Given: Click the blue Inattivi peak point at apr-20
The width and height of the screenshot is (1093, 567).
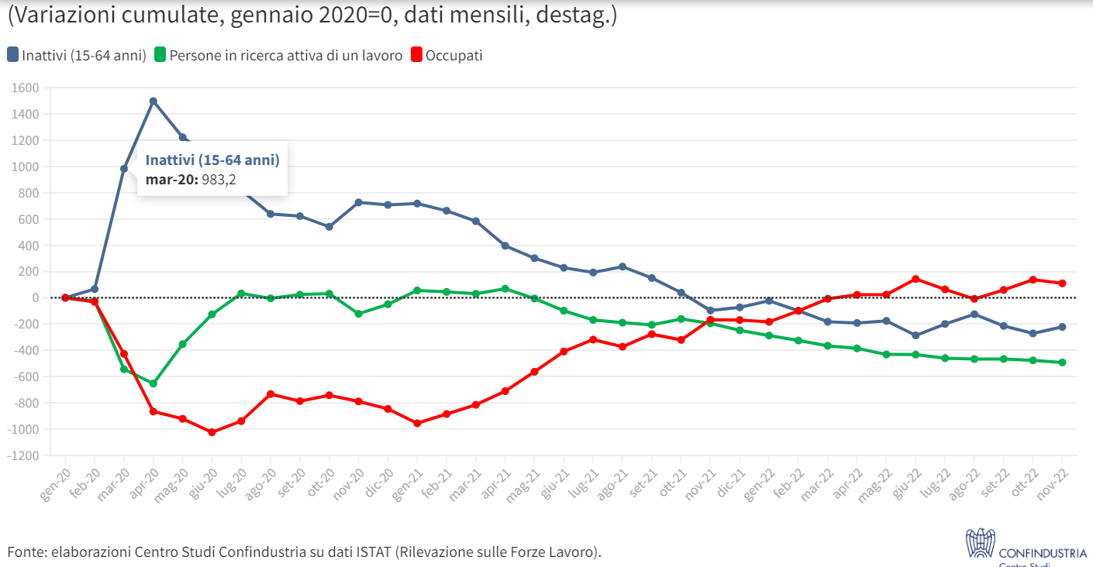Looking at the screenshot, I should click(153, 101).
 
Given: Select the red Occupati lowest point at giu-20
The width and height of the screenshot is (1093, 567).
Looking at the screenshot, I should click(212, 432).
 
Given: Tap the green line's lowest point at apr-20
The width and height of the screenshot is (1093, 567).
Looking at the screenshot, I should click(153, 383).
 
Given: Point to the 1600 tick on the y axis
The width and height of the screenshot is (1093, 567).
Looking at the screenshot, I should click(26, 88).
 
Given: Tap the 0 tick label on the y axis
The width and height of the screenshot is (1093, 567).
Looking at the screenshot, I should click(36, 298).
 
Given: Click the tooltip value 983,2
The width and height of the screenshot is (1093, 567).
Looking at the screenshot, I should click(219, 180).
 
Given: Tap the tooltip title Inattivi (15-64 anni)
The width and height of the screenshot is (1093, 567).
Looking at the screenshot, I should click(212, 160).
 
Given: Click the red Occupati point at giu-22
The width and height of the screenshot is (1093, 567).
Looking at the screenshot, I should click(915, 279).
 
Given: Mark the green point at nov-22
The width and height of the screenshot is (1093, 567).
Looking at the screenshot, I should click(1062, 363).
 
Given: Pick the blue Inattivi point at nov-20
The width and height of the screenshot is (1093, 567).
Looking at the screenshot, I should click(358, 202).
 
